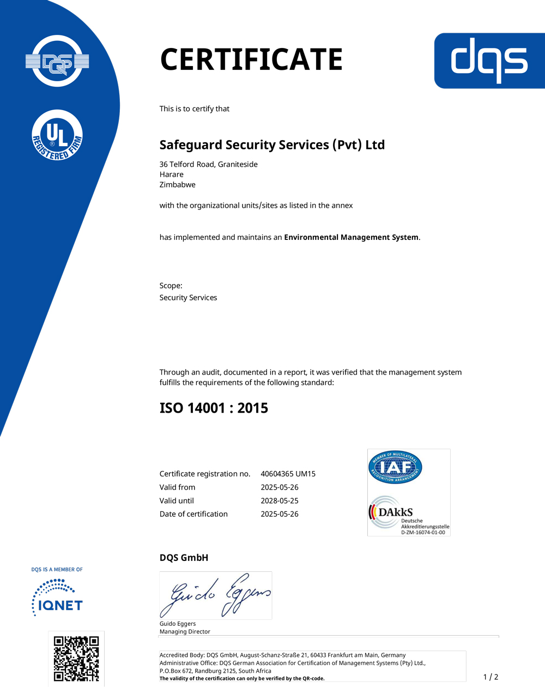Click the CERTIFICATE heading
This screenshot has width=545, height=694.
(x=251, y=59)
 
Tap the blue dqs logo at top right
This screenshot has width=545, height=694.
(x=489, y=61)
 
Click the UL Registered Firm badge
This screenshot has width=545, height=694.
(x=57, y=135)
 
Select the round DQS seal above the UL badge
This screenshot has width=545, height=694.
(x=57, y=61)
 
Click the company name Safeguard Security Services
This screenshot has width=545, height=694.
(x=272, y=145)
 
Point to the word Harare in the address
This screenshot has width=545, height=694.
(x=171, y=174)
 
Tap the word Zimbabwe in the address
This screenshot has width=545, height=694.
(x=177, y=185)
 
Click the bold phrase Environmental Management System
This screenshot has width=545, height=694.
(x=352, y=238)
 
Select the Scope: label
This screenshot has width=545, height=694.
(x=171, y=286)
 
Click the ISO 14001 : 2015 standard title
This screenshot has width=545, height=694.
(x=214, y=408)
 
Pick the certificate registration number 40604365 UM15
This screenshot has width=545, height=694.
(x=288, y=474)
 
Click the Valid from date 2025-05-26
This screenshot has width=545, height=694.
(x=279, y=487)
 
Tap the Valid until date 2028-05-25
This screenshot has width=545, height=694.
(x=279, y=500)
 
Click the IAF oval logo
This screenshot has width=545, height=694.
(x=395, y=467)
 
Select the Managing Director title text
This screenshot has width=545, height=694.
(x=184, y=632)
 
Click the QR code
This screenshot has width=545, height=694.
(x=76, y=659)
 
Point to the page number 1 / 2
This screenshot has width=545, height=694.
(x=491, y=677)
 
